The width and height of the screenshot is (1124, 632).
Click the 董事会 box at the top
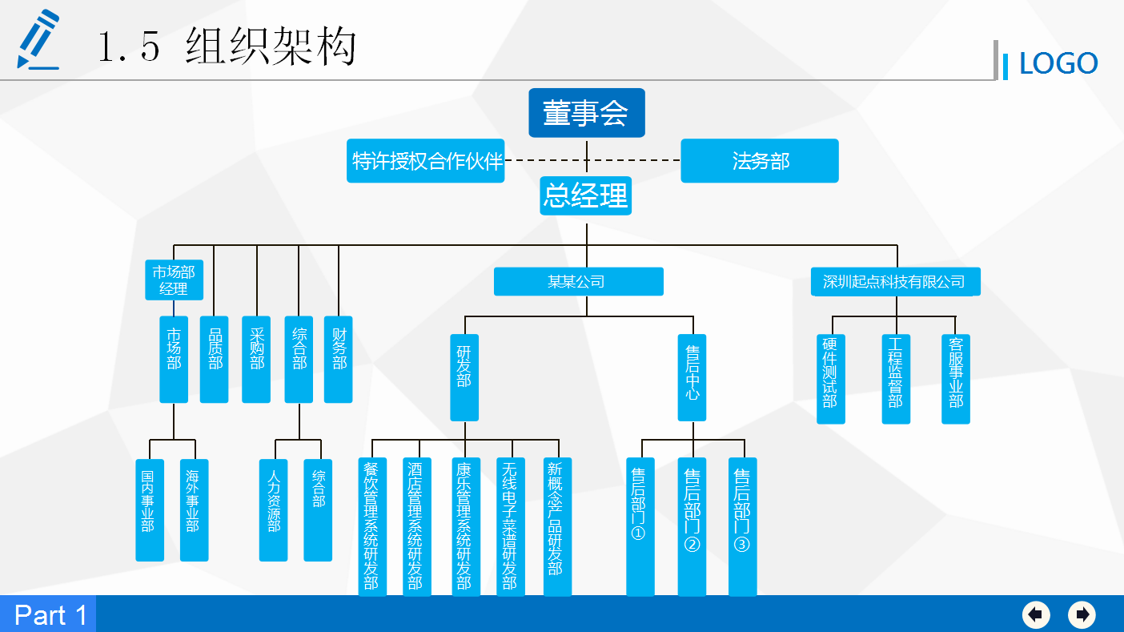pyautogui.click(x=586, y=113)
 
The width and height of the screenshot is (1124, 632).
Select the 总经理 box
pyautogui.click(x=585, y=195)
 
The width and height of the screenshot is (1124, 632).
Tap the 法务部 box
pyautogui.click(x=759, y=161)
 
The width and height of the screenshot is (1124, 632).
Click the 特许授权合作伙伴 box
pyautogui.click(x=426, y=161)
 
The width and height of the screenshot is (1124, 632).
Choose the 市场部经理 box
pyautogui.click(x=174, y=280)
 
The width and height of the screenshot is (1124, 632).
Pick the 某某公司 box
pyautogui.click(x=578, y=282)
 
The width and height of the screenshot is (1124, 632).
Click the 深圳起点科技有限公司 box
pyautogui.click(x=894, y=282)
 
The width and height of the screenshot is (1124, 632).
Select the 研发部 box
pyautogui.click(x=464, y=377)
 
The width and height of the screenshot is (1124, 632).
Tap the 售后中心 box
pyautogui.click(x=692, y=377)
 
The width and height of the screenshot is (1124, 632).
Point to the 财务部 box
pyautogui.click(x=339, y=360)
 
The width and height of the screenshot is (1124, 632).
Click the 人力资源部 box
pyautogui.click(x=274, y=509)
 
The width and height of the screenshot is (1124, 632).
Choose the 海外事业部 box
pyautogui.click(x=194, y=509)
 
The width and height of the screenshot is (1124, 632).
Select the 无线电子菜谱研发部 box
pyautogui.click(x=509, y=526)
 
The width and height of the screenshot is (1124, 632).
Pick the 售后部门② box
pyautogui.click(x=692, y=526)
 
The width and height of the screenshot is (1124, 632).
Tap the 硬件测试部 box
pyautogui.click(x=830, y=379)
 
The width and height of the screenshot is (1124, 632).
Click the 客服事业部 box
pyautogui.click(x=955, y=379)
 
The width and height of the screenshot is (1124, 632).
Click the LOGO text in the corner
pyautogui.click(x=1058, y=63)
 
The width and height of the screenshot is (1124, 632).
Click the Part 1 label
pyautogui.click(x=50, y=614)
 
